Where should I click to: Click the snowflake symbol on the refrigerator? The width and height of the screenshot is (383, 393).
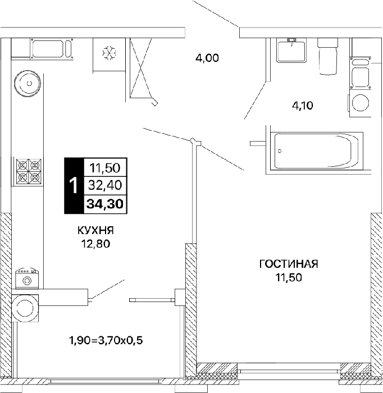(x=110, y=53)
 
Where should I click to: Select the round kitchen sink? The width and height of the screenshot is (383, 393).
(x=28, y=84)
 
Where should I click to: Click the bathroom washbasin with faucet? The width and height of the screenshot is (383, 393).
(x=291, y=50)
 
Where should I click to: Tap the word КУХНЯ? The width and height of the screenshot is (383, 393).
(x=95, y=230)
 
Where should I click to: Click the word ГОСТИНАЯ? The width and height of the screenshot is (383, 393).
(x=289, y=264)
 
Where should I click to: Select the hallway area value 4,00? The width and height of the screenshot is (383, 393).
(x=207, y=58)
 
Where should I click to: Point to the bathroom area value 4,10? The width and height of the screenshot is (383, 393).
(x=303, y=106)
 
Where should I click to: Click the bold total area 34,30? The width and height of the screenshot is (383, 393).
(x=105, y=204)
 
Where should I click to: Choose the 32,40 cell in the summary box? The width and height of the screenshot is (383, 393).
(x=105, y=185)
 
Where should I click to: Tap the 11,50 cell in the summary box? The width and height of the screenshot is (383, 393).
(x=105, y=168)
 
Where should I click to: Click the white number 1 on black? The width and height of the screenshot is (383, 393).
(x=74, y=185)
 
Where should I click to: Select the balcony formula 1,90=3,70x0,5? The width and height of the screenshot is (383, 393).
(x=106, y=340)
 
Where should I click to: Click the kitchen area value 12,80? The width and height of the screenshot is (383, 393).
(x=95, y=244)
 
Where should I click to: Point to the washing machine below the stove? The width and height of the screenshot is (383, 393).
(x=26, y=278)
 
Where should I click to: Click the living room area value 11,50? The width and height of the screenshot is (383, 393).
(x=289, y=277)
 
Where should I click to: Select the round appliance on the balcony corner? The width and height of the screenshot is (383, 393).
(x=25, y=308)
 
